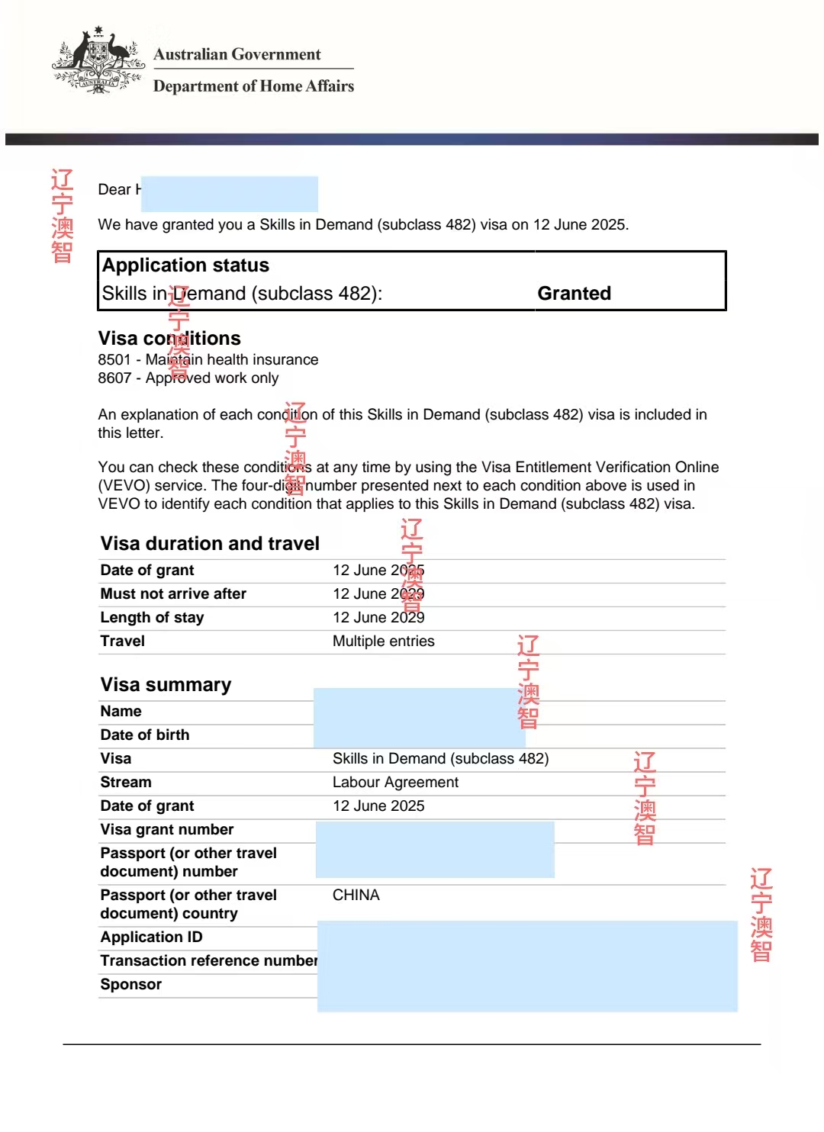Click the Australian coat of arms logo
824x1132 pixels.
pos(98,61)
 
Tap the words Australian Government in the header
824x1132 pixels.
pos(237,54)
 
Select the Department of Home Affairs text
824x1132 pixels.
pos(253,86)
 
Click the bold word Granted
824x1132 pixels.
pos(574,294)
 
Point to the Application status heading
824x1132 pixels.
pos(185,265)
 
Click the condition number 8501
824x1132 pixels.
pos(114,359)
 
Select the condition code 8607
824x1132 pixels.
pos(114,378)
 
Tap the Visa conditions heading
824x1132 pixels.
pos(169,338)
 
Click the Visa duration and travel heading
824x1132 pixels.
pos(210,543)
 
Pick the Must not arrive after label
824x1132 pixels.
pos(173,593)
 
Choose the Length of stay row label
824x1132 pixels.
pos(152,617)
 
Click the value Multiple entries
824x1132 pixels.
pos(383,641)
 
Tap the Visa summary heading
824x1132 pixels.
pos(166,684)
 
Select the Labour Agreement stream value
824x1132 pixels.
pos(395,782)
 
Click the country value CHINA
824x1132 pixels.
pos(356,895)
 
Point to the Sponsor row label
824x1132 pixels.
pos(130,984)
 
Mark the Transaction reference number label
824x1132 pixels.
pos(208,960)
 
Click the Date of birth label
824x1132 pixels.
pos(145,735)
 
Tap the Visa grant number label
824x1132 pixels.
pos(167,829)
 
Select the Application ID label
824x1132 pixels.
pos(151,937)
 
